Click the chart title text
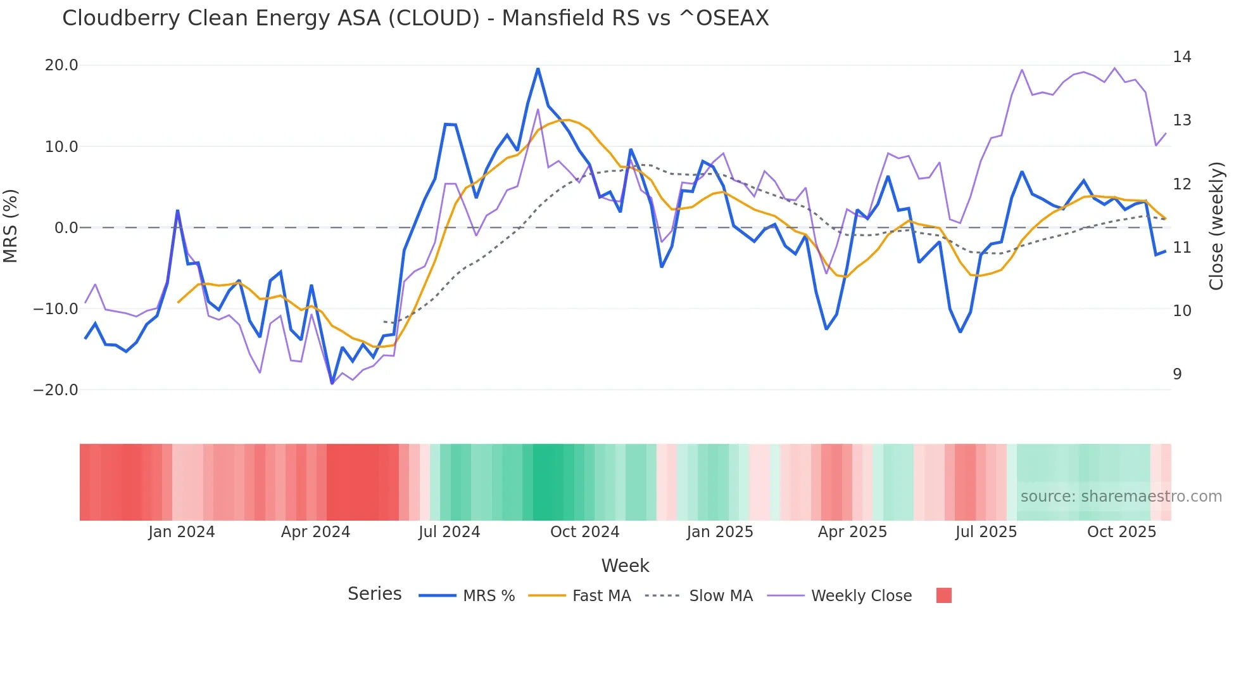[415, 18]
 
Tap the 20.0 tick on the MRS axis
[61, 65]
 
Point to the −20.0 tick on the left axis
[56, 390]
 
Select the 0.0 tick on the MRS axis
[66, 228]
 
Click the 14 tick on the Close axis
[1181, 57]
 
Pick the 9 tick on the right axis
[1177, 374]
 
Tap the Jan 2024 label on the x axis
[182, 532]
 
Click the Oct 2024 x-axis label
[584, 532]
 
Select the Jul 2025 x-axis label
[986, 532]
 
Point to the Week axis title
[625, 566]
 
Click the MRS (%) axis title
[11, 225]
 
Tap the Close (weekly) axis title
[1216, 226]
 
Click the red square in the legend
[943, 595]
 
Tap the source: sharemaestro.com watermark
[1121, 497]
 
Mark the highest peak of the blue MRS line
[538, 69]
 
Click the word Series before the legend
[374, 594]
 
